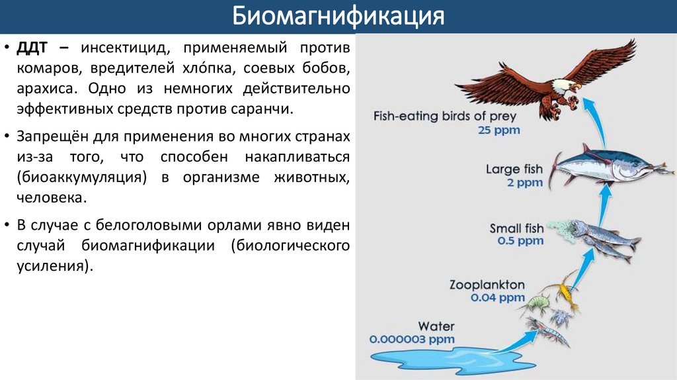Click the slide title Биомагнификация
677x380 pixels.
coord(338,16)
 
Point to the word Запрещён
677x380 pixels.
coord(54,138)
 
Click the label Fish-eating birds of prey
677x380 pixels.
coord(445,117)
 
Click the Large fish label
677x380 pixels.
coord(514,169)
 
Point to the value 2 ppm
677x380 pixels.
coord(524,182)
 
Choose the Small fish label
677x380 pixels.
coord(516,228)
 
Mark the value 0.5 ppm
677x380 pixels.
coord(520,241)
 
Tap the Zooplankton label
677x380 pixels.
coord(487,285)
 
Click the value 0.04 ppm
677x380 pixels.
coord(497,298)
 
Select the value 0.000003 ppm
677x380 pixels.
coord(413,338)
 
